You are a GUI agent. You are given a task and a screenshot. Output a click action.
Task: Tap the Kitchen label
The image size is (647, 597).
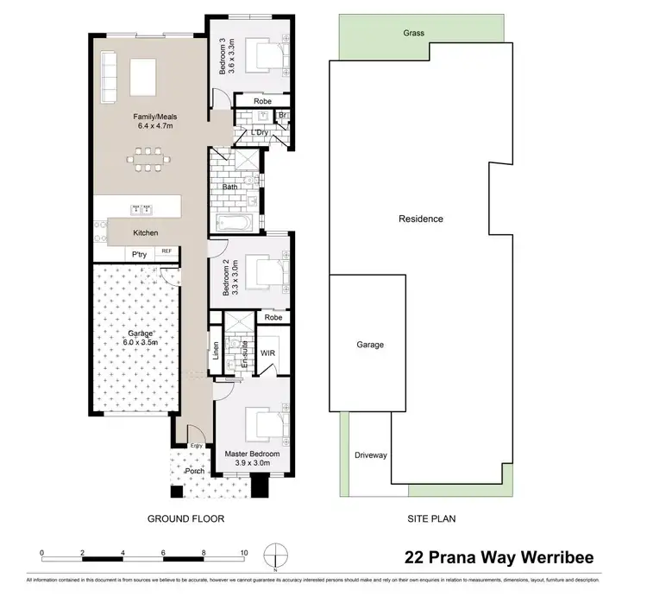point(145,232)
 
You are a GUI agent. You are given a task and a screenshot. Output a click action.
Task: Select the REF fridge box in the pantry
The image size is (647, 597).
point(166,252)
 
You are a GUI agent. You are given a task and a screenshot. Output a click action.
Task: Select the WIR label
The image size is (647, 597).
point(267,352)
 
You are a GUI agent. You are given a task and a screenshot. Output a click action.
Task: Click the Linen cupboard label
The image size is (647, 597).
point(216,352)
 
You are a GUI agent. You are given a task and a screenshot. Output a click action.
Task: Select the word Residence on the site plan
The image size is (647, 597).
point(420,219)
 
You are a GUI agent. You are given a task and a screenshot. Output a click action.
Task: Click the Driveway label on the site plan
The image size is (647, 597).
point(371,455)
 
